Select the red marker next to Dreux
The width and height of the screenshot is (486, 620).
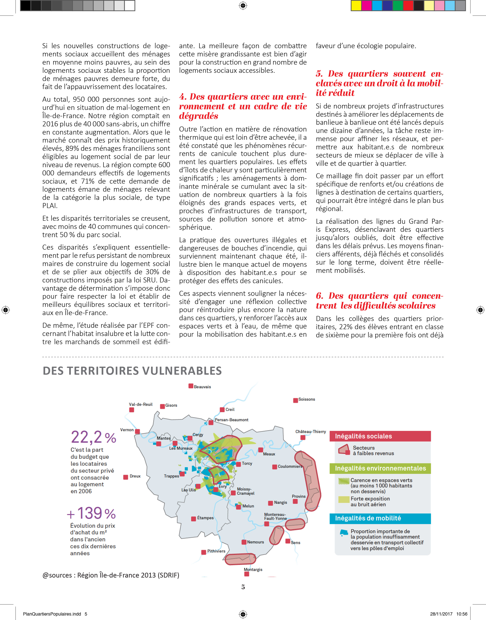[x=126, y=477]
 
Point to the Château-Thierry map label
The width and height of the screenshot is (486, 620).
[x=311, y=432]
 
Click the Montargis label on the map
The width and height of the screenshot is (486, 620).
[x=253, y=569]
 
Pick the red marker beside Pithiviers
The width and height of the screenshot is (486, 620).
[x=204, y=552]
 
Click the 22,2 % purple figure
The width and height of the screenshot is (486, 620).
[x=93, y=437]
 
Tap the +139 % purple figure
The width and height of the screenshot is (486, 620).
[x=91, y=513]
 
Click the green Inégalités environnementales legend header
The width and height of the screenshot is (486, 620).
[x=380, y=468]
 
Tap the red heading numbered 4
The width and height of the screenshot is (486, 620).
[x=243, y=106]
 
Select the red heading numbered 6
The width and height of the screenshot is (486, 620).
[x=379, y=301]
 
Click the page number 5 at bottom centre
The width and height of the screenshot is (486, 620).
[x=243, y=587]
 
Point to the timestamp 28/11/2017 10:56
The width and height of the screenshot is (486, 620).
[x=448, y=614]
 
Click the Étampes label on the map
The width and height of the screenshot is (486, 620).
[x=205, y=518]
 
